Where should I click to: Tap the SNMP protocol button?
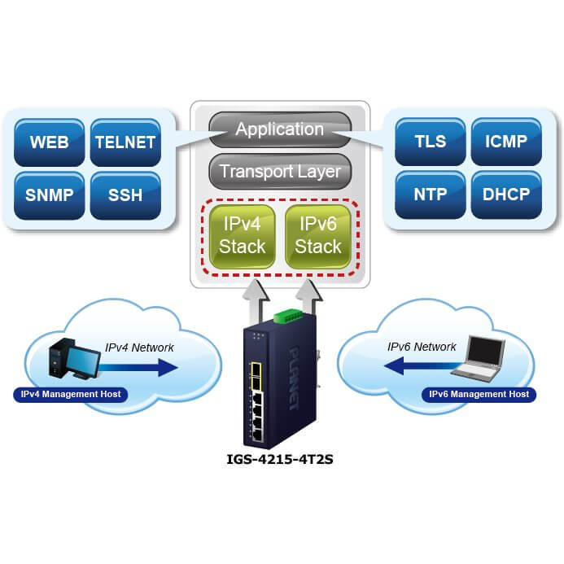49,195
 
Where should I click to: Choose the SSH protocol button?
125,195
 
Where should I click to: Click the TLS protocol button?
430,142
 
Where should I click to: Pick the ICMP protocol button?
505,142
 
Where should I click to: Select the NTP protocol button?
430,195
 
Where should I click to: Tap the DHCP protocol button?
505,195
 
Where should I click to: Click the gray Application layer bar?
280,129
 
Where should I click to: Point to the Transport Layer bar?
280,172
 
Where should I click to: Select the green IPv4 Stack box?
242,234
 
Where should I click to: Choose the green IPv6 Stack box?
318,234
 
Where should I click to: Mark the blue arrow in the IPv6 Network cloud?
415,366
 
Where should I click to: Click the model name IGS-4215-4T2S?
281,460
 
